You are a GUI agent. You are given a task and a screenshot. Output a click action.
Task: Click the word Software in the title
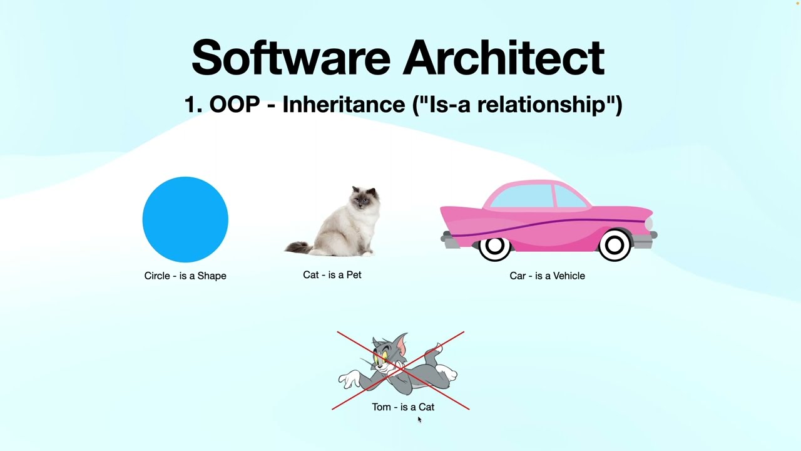coord(291,58)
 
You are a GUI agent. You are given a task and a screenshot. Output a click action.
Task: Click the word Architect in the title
coord(504,58)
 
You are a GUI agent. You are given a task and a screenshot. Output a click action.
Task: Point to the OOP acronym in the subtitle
coord(234,104)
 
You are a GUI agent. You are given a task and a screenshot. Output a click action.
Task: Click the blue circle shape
coord(185,219)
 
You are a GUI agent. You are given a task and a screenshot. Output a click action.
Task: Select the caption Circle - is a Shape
coord(185,276)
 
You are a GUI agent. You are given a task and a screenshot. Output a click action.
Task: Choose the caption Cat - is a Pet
coord(332,275)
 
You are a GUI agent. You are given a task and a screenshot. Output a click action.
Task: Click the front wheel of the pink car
coord(615,246)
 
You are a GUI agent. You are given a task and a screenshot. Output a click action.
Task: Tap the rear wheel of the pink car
coord(494,247)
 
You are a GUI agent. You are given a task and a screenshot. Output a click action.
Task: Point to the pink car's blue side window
coord(523,196)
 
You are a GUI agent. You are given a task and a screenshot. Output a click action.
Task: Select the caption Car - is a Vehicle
coord(547,276)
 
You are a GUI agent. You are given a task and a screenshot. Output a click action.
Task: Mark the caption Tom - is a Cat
coord(403,407)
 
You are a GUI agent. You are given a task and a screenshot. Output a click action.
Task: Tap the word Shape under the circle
coord(212,276)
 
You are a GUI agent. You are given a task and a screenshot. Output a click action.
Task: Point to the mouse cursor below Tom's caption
coord(419,419)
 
